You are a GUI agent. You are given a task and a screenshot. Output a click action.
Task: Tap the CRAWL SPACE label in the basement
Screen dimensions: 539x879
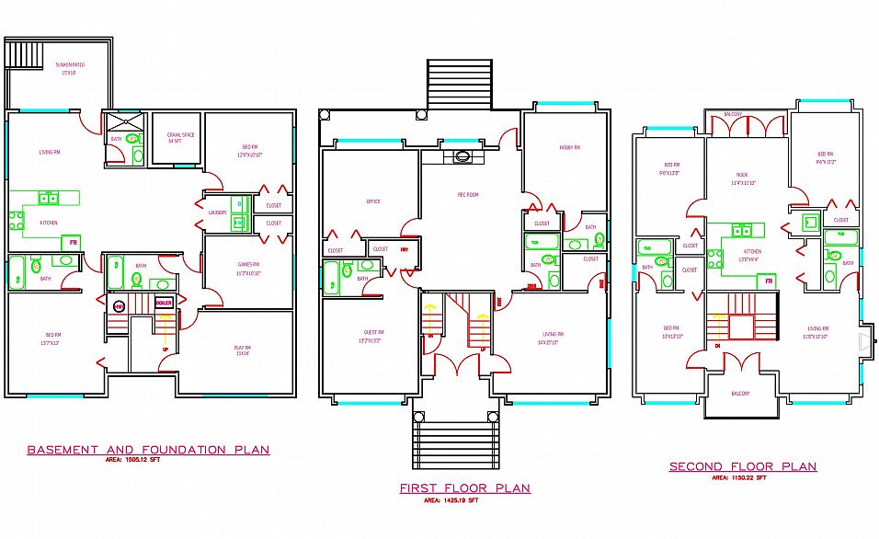[x=175, y=138]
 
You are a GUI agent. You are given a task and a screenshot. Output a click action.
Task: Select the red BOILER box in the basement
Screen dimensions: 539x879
[x=164, y=303]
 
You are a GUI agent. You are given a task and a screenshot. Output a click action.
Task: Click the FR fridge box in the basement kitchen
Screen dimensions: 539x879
[x=71, y=243]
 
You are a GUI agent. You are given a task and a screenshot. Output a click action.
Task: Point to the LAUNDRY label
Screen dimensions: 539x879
[x=218, y=212]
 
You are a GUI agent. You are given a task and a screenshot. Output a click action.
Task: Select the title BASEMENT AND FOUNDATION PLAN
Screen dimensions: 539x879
[x=148, y=450]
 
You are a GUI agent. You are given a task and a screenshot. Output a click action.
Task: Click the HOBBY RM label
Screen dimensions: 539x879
[x=570, y=148]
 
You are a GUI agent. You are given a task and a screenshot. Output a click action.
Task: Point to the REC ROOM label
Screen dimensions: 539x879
[x=468, y=195]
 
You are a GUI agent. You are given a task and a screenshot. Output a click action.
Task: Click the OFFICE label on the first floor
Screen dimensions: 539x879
[x=372, y=201]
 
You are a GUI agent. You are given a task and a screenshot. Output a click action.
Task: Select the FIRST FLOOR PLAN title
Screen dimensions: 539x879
[x=464, y=488]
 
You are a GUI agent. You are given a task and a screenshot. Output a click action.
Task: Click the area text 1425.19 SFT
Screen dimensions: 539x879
[x=451, y=501]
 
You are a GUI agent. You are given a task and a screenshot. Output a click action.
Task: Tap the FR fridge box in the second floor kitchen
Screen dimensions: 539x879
[x=768, y=281]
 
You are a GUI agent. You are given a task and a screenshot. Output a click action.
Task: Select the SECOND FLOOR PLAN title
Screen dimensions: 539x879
[x=742, y=466]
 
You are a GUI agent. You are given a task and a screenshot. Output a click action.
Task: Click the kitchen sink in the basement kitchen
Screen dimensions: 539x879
[x=48, y=198]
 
